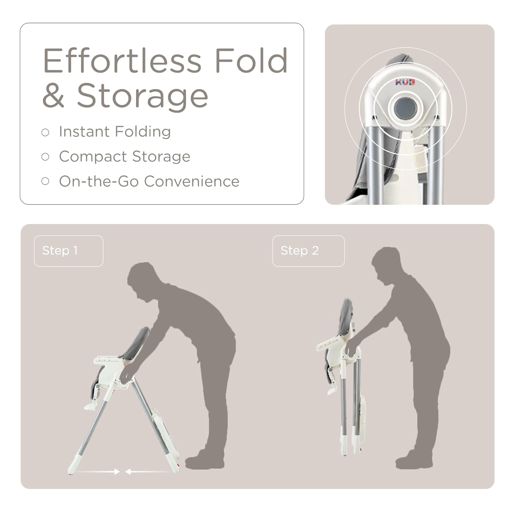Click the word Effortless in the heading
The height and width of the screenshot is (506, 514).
point(122,61)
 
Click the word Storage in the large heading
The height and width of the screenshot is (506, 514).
point(142,96)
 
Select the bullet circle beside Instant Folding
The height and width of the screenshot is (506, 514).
point(45,132)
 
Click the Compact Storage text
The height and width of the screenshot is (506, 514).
point(124,157)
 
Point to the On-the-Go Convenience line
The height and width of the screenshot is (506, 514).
point(149,181)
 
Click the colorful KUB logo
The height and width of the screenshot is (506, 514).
point(405,82)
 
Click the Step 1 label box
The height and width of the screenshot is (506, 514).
point(69,251)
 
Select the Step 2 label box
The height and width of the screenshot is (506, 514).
point(308,251)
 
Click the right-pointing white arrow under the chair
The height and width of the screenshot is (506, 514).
point(98,472)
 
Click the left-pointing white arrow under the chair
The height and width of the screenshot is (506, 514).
point(147,472)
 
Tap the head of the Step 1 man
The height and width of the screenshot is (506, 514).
point(142,279)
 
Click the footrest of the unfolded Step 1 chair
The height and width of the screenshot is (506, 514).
point(91,407)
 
